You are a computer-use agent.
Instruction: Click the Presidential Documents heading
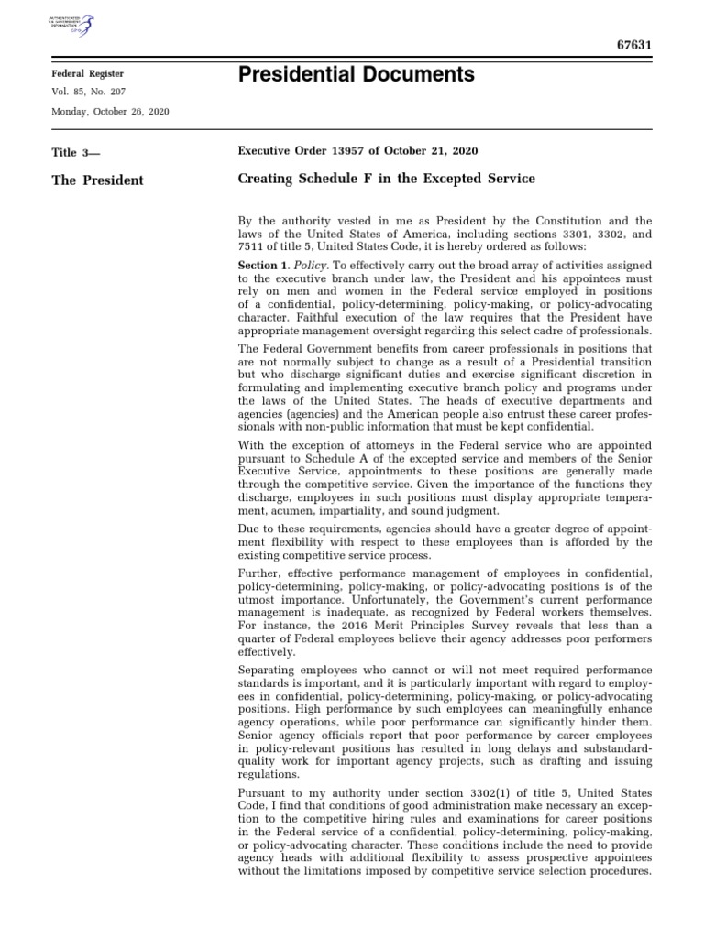356,75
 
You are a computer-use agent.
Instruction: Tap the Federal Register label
87,73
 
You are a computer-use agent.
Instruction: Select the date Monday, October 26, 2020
110,111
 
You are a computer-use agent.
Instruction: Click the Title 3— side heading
78,152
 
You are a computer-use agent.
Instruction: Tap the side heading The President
97,180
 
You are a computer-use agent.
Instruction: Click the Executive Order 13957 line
357,150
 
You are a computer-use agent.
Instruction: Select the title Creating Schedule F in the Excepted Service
386,179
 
